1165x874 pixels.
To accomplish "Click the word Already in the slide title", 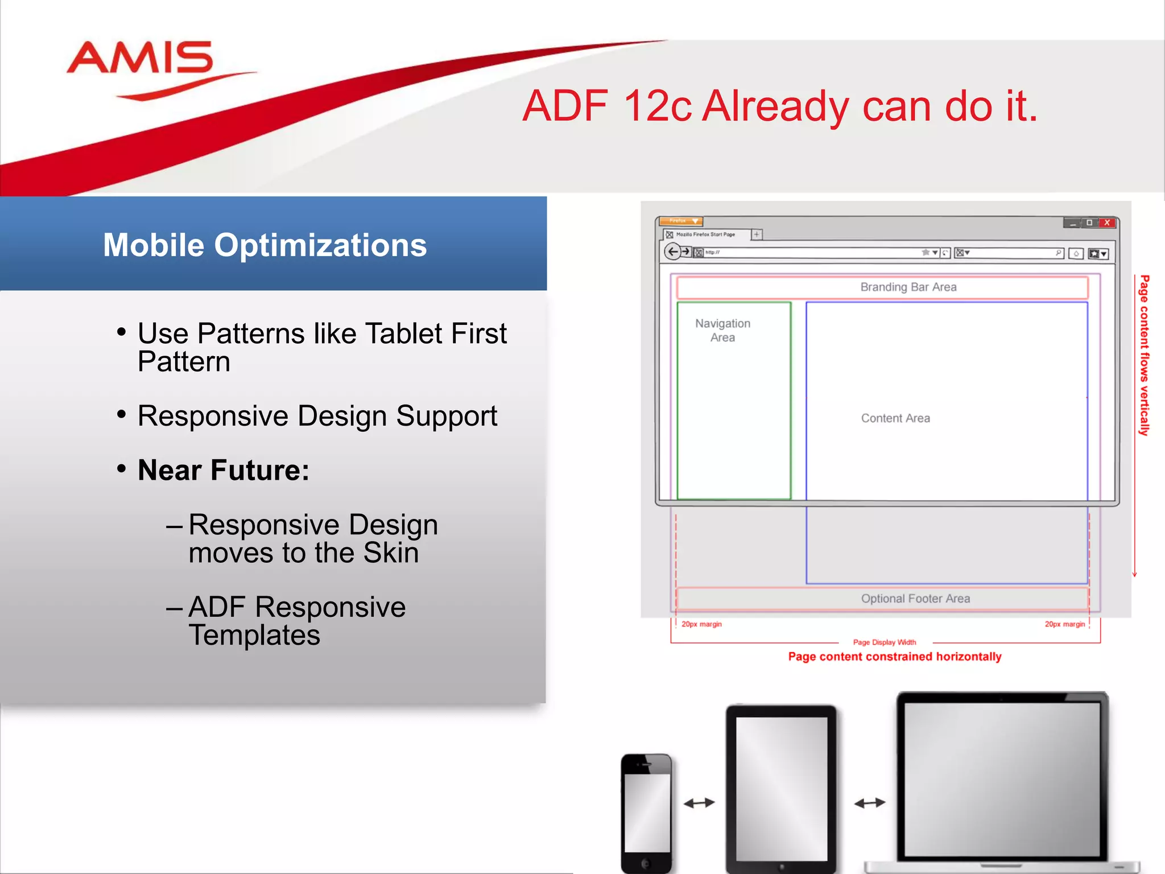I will [x=775, y=106].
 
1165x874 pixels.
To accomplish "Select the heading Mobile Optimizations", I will [x=265, y=245].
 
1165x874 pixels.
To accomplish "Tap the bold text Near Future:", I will [x=223, y=470].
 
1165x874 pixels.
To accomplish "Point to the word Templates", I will [x=254, y=635].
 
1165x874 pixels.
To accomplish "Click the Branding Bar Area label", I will [x=908, y=287].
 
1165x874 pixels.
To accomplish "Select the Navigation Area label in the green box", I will [x=722, y=330].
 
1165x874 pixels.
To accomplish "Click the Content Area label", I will [x=895, y=418].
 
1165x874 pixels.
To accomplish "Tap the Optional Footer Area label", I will [x=915, y=599].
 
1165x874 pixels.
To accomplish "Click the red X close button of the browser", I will [x=1107, y=222].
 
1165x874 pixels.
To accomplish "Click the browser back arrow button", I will [x=673, y=252].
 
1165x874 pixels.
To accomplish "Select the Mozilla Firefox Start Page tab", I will [x=705, y=234].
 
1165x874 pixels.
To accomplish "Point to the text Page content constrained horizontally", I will [x=894, y=657].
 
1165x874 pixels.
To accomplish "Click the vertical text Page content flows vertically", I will [x=1144, y=356].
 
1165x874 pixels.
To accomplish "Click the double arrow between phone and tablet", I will [x=699, y=803].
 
